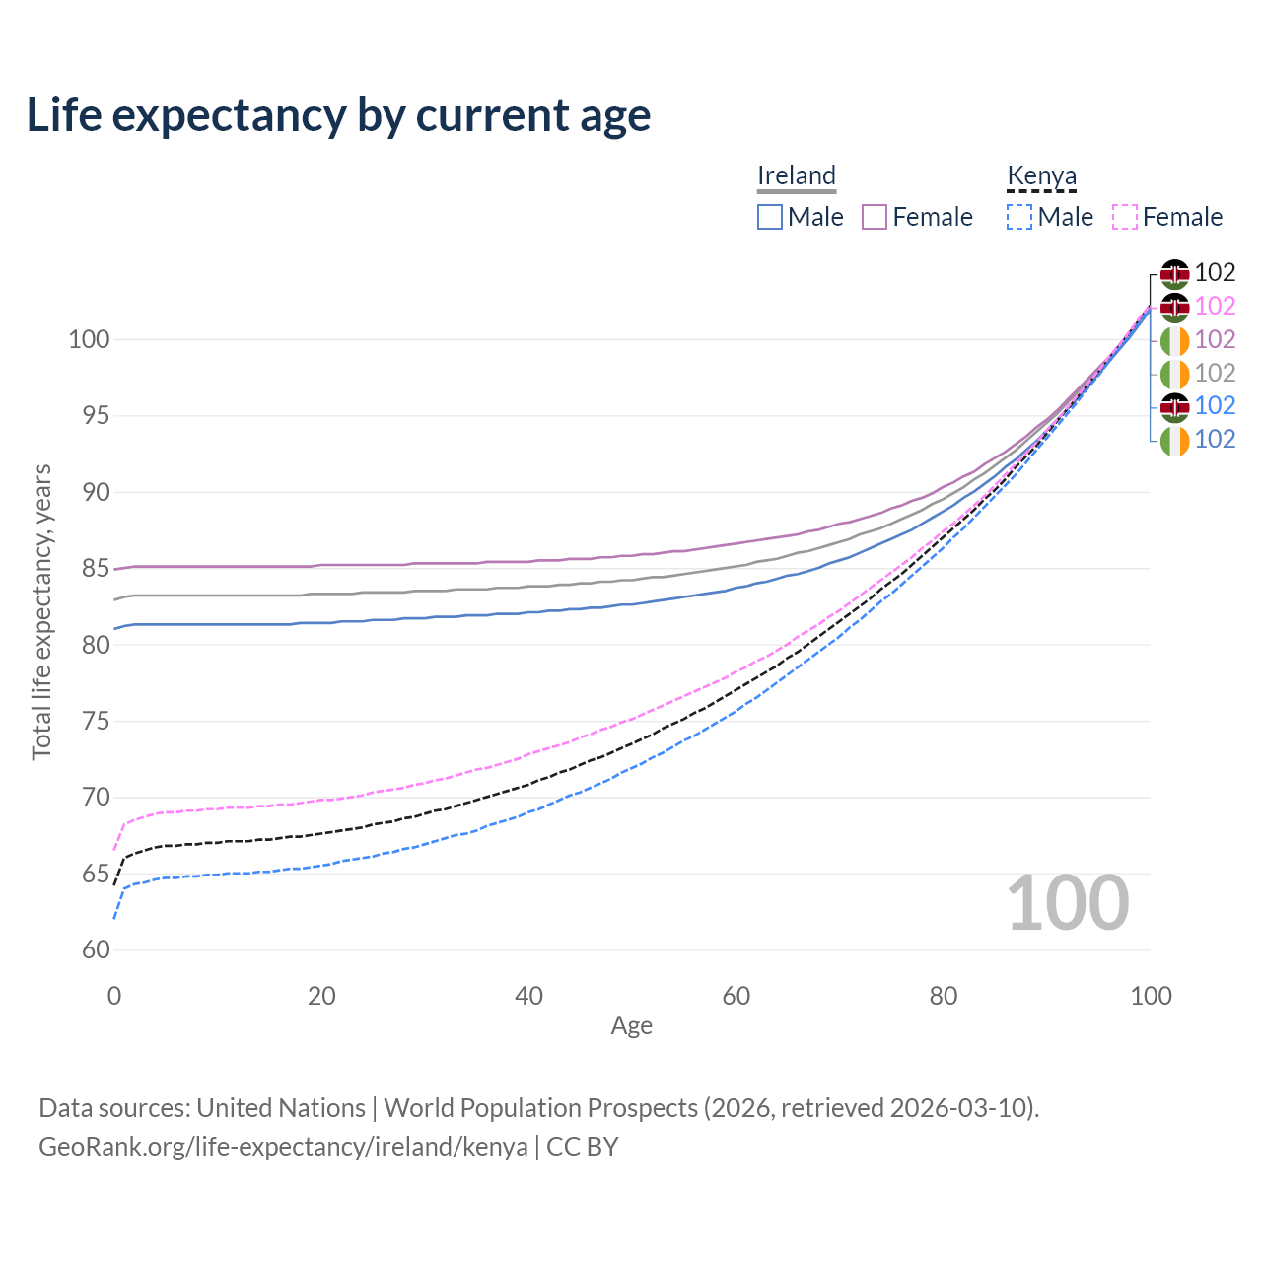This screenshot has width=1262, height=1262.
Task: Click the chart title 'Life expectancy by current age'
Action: [x=338, y=115]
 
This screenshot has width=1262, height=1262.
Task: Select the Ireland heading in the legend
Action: [x=797, y=175]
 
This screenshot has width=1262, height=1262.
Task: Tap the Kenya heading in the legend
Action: [x=1041, y=175]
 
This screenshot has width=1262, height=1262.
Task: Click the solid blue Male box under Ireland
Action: [x=770, y=217]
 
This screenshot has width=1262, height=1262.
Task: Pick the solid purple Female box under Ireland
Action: [x=875, y=217]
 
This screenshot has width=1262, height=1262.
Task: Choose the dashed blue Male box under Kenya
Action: [x=1019, y=217]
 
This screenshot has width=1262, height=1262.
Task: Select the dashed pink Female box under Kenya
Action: [x=1125, y=217]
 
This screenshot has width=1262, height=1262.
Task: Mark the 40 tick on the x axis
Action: [x=529, y=996]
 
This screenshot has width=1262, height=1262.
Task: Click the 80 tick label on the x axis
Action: [x=944, y=996]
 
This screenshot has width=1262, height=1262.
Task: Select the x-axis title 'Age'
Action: [x=631, y=1026]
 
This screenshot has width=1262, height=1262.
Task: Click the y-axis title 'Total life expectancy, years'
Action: [x=41, y=611]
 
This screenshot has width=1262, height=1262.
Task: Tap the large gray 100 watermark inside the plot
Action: [x=1068, y=903]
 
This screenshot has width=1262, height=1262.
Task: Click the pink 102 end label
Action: [x=1215, y=307]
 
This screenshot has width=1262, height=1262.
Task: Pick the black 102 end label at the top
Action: [x=1215, y=273]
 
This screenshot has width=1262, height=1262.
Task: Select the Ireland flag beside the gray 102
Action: [x=1174, y=374]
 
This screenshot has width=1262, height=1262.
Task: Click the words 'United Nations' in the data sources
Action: [x=281, y=1108]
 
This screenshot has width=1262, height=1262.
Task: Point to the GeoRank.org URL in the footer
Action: [x=283, y=1147]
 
